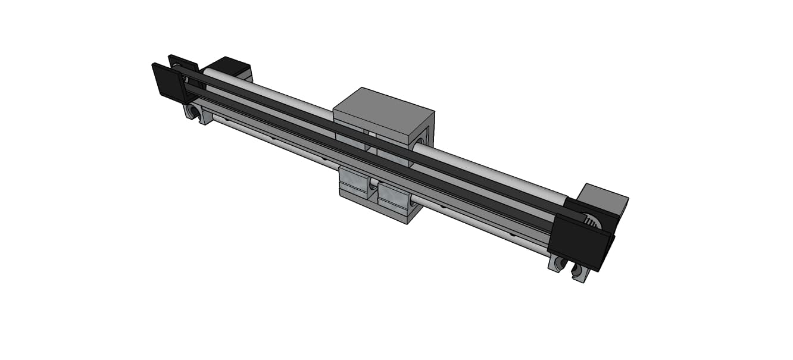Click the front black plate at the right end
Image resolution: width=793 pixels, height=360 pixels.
point(577,240)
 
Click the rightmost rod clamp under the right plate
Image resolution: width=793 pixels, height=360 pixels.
point(580,272)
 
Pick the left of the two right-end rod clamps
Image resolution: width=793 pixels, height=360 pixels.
point(557,263)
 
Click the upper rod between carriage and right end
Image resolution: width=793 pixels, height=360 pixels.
point(488,170)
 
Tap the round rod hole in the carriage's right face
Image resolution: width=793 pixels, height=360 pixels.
point(420,142)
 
